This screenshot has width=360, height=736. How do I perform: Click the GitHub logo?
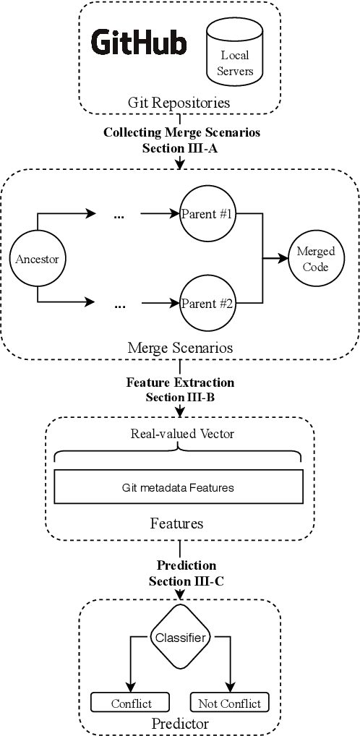point(139,43)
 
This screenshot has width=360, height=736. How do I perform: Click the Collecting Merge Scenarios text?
point(181,132)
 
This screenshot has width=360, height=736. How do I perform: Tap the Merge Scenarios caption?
point(181,348)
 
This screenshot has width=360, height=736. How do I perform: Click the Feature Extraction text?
point(181,381)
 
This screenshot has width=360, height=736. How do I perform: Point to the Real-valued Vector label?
point(179,435)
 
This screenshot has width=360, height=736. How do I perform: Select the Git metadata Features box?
point(179,487)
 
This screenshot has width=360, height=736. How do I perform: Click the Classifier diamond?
point(180,637)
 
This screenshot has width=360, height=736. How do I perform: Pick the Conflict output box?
point(131,703)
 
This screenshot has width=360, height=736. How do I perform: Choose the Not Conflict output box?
point(229,703)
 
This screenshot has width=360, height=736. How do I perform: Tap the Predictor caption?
point(180,723)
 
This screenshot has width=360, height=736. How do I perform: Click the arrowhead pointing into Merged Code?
point(284,258)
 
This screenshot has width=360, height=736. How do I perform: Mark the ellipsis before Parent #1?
point(120,214)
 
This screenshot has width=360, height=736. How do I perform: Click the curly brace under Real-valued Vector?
point(179,454)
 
